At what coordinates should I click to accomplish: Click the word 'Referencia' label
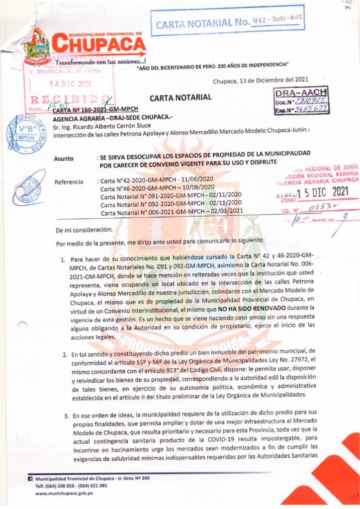(x=69, y=182)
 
